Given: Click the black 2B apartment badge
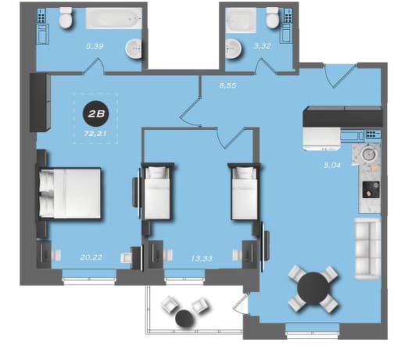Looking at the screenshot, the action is coord(96,113).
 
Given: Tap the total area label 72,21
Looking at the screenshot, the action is coord(95,134).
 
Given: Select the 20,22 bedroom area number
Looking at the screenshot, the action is coord(91,257).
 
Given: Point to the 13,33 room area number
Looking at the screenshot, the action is coord(202,258).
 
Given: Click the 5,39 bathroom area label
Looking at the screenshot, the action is coord(95,46).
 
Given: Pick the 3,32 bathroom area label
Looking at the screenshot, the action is coord(262,46).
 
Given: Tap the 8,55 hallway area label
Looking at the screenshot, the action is coord(227,85).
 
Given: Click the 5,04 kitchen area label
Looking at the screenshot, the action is coord(332,165).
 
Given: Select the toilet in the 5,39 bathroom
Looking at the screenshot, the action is coord(66,18).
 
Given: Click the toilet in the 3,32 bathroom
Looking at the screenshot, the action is coord(273,18).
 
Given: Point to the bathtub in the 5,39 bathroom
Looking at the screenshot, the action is coord(114,18).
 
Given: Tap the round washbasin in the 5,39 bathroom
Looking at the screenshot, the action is coord(134,49).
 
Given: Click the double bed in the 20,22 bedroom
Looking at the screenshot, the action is coord(70,193).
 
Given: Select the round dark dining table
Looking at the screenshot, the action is coord(313,288).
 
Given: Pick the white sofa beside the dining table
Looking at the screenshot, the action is coord(367,249).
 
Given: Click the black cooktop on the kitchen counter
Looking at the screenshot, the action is coord(371,189).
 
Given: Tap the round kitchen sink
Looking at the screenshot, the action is coord(368,154).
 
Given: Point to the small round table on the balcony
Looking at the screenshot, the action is coord(184,319).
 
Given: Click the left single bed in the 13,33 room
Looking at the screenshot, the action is coord(157,193).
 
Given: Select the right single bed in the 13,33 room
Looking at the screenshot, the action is coord(245,193).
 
